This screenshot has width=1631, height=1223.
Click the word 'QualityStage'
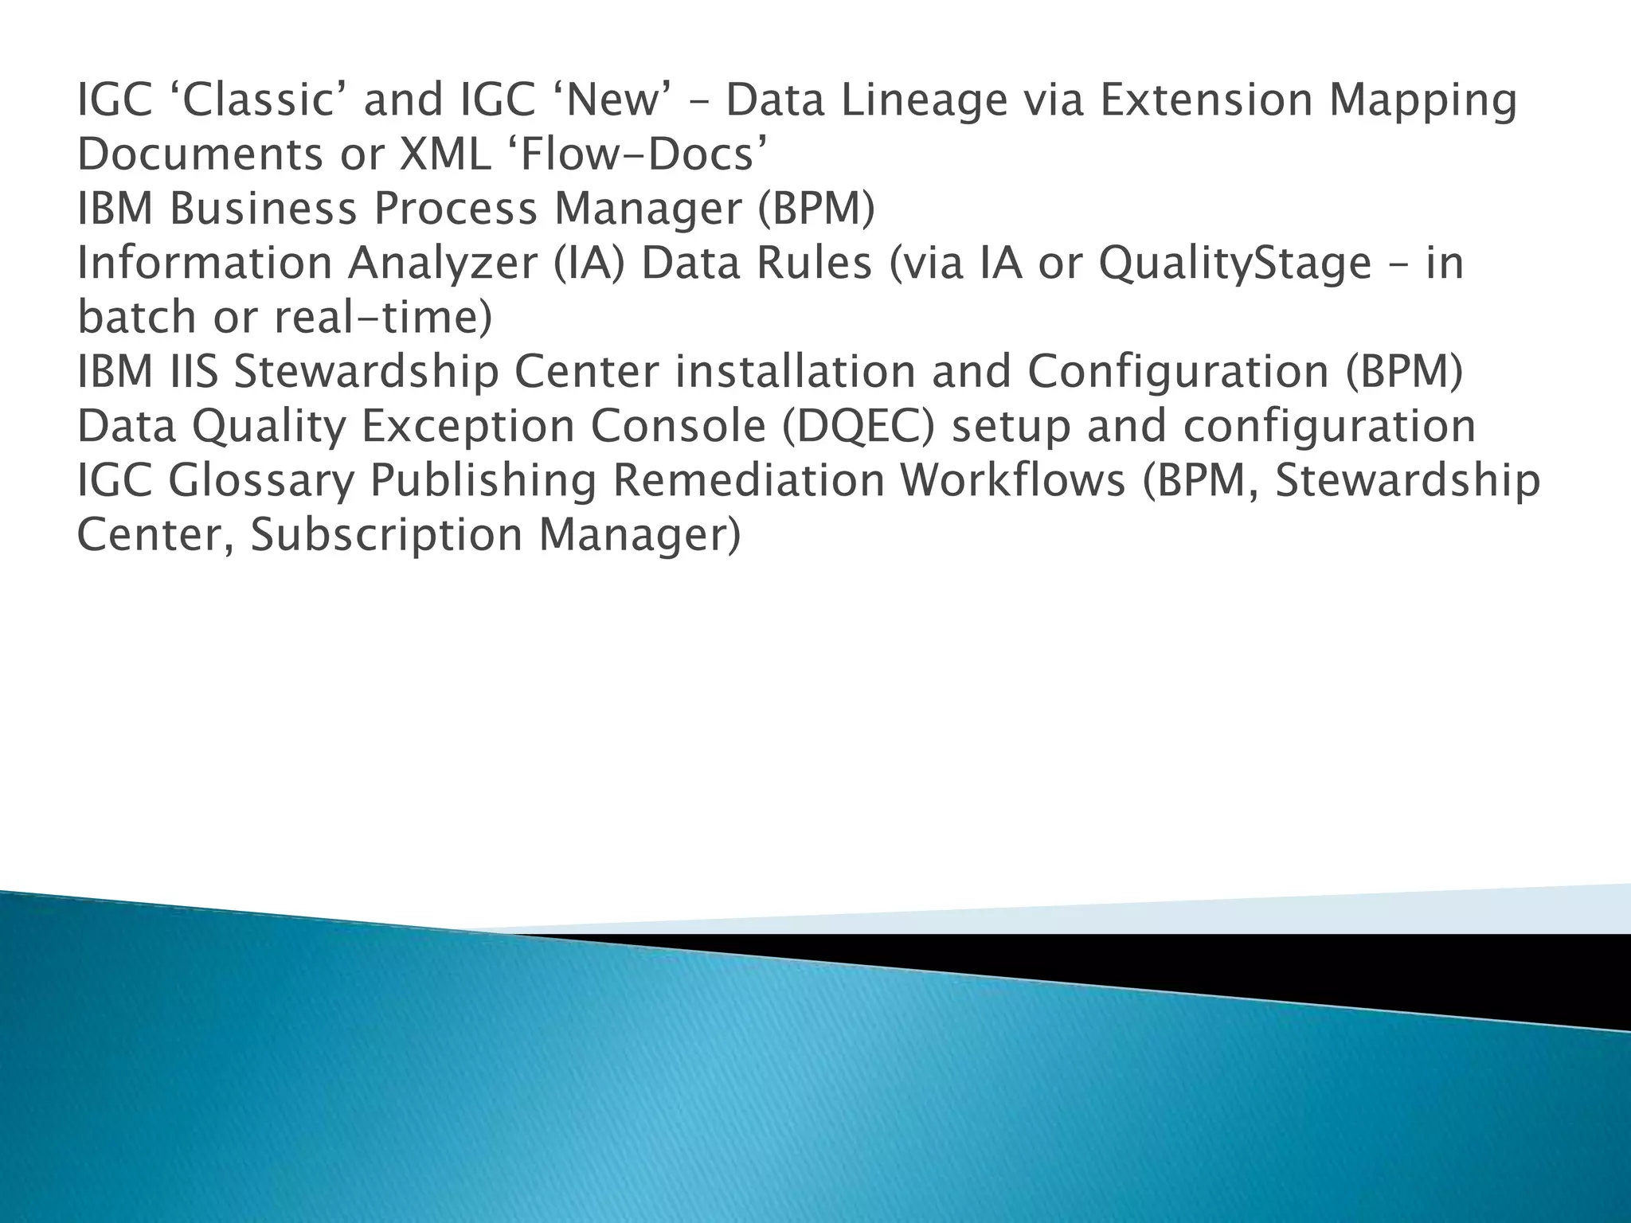(1234, 264)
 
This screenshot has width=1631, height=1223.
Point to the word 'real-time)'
(383, 318)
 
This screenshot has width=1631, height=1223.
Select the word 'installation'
(796, 372)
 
